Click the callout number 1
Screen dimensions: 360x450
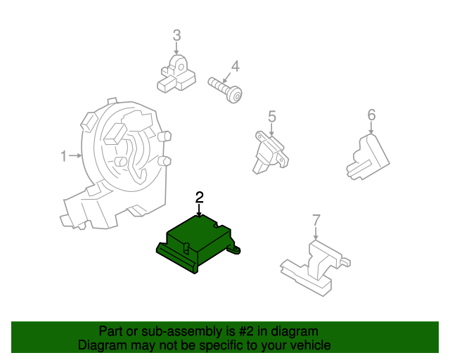point(63,155)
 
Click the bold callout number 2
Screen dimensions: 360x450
point(200,197)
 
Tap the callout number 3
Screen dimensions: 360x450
point(176,35)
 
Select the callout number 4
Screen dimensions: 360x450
point(236,67)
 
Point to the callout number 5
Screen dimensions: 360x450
point(271,117)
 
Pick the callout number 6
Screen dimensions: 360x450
point(371,115)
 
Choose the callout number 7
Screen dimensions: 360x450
point(316,220)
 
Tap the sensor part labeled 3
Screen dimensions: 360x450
point(177,74)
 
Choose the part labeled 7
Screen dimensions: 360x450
point(316,264)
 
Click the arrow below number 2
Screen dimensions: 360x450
point(200,210)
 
